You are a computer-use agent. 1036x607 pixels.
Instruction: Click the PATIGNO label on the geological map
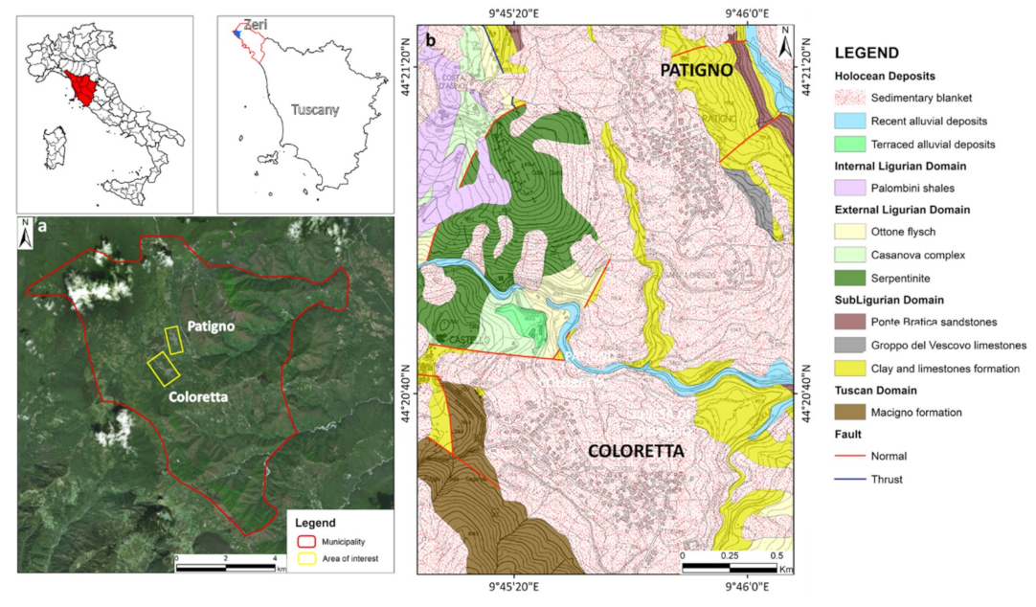[695, 71]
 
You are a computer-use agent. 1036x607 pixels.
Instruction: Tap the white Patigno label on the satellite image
[211, 326]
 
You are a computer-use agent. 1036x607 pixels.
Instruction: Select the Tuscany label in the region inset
[315, 110]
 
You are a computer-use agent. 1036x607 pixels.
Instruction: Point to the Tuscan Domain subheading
[877, 391]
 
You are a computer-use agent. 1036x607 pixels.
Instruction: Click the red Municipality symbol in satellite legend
[299, 540]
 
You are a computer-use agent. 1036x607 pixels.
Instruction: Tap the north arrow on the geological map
[785, 43]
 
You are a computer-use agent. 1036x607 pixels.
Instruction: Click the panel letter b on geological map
[431, 40]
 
